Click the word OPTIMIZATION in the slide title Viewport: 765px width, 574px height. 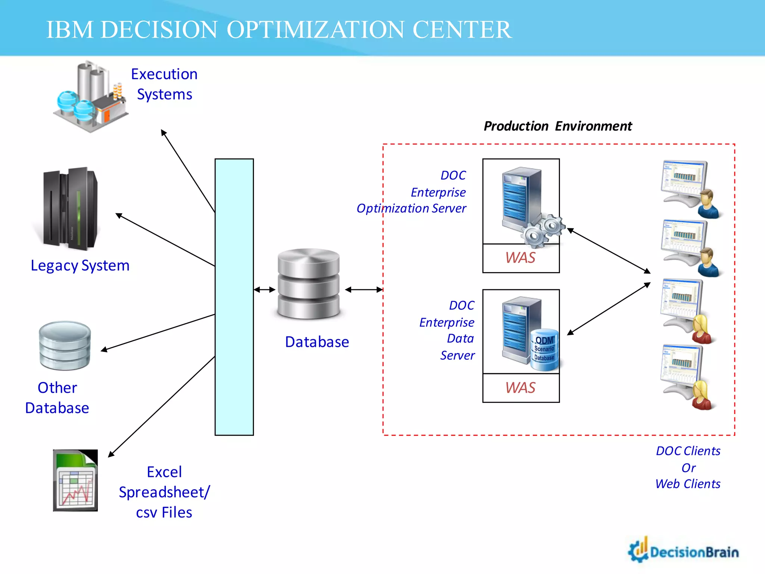click(x=315, y=30)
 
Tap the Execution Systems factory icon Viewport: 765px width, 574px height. click(x=90, y=98)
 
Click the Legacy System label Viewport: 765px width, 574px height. click(x=80, y=266)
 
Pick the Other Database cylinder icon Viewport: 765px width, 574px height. click(x=65, y=346)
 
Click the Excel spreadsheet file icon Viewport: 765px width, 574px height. click(x=75, y=480)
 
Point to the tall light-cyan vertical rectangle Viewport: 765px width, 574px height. click(x=234, y=297)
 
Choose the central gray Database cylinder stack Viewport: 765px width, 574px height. click(x=309, y=284)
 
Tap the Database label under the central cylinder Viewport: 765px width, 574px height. click(x=317, y=342)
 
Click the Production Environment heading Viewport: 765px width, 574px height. click(x=557, y=126)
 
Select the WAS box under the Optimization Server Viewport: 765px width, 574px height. click(x=521, y=258)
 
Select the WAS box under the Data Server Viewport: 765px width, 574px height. click(x=521, y=388)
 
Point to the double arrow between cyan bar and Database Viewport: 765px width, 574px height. click(x=265, y=290)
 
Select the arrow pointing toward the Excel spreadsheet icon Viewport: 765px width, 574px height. click(x=161, y=407)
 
